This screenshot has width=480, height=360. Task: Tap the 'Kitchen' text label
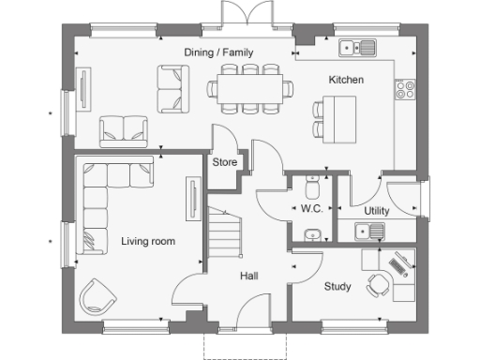(345, 81)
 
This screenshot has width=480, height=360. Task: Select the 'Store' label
(224, 162)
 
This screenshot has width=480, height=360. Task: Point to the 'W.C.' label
(311, 211)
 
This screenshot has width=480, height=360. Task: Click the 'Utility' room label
(376, 211)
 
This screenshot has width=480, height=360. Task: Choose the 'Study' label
(337, 286)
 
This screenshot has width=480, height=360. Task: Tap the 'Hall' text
(248, 276)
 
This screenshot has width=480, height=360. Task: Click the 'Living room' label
(148, 242)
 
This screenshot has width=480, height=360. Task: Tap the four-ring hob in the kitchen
(407, 89)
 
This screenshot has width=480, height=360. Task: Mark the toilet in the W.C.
(311, 186)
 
